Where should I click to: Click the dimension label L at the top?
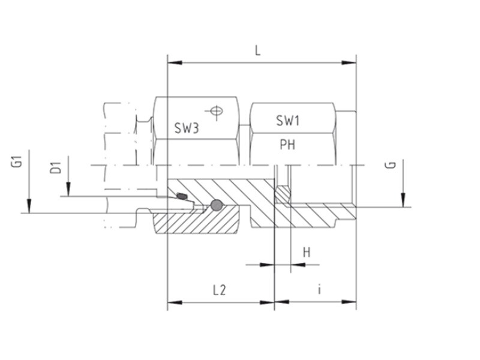258,51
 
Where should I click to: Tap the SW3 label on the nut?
187,128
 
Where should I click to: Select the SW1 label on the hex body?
287,121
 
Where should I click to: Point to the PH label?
287,144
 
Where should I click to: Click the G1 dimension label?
19,161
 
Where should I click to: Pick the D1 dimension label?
56,168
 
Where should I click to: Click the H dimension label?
307,253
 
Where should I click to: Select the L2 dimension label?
219,290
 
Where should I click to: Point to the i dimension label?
320,289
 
